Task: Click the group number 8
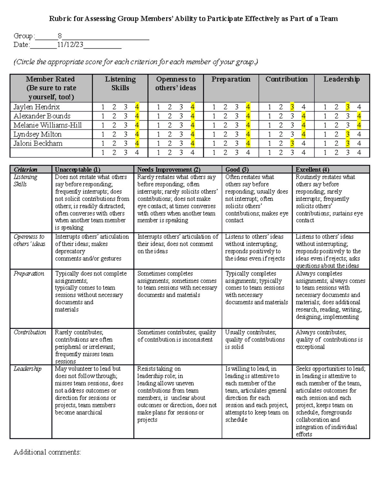pos(60,36)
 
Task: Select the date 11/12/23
pos(70,45)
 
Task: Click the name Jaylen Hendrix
pos(36,107)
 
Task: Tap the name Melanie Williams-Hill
pos(47,125)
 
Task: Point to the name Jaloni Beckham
pos(38,143)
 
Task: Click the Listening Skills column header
pos(120,84)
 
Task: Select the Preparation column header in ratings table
pos(231,79)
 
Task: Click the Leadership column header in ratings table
pos(342,79)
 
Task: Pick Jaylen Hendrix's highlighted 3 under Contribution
pos(292,107)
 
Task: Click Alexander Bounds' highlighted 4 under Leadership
pos(359,116)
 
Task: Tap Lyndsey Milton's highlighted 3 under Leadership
pos(348,134)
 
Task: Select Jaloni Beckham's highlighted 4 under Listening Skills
pos(137,143)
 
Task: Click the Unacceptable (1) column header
pos(77,169)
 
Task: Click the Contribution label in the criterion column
pos(30,332)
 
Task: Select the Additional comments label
pos(47,452)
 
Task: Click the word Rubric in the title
pos(60,19)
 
